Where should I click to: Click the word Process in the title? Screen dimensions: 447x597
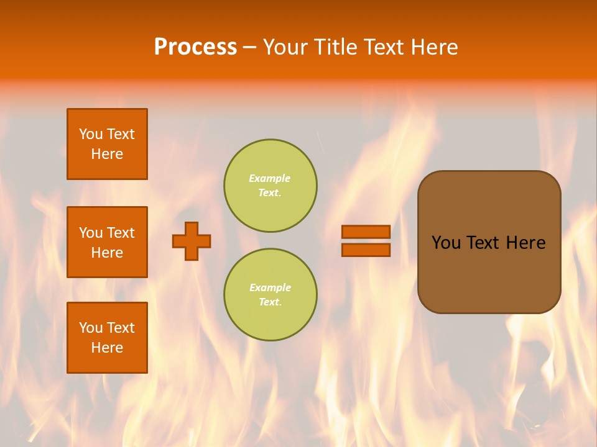click(x=195, y=47)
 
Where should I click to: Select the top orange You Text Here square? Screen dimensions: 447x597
click(x=107, y=144)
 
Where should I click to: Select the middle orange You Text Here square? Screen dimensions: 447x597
click(x=107, y=242)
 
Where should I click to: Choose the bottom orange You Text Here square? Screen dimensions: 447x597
click(x=107, y=338)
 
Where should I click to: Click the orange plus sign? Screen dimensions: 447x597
click(x=192, y=241)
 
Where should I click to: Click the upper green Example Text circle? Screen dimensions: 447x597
click(x=271, y=186)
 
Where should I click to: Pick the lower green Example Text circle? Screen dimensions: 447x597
click(x=271, y=295)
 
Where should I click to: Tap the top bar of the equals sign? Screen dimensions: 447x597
click(x=366, y=232)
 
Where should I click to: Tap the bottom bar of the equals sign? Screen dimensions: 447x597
click(x=366, y=250)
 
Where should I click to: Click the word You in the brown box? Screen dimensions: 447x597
click(x=445, y=243)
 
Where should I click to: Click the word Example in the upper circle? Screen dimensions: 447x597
click(x=269, y=178)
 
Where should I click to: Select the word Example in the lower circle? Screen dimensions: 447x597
click(x=270, y=287)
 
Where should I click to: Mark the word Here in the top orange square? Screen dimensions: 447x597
click(x=107, y=154)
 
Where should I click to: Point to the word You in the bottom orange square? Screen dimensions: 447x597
click(x=91, y=328)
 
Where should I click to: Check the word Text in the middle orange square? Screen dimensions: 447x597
click(x=121, y=233)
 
